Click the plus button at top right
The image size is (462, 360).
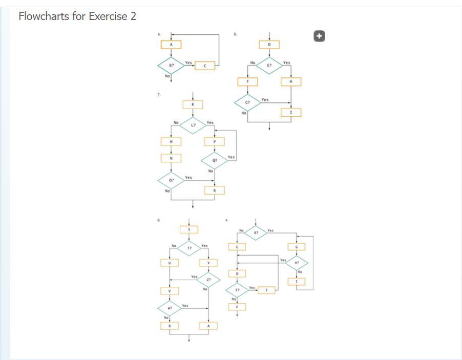pyautogui.click(x=319, y=36)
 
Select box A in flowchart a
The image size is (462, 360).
pyautogui.click(x=171, y=45)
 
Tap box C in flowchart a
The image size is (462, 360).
pyautogui.click(x=204, y=66)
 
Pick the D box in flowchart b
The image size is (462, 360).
pyautogui.click(x=269, y=45)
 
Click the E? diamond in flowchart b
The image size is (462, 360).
pyautogui.click(x=269, y=66)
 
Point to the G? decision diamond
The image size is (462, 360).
pyautogui.click(x=247, y=102)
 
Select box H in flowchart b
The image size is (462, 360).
pyautogui.click(x=291, y=82)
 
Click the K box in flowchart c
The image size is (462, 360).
pyautogui.click(x=193, y=104)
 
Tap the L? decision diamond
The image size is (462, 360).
pyautogui.click(x=193, y=125)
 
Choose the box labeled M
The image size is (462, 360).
pyautogui.click(x=171, y=141)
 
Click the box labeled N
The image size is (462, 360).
pyautogui.click(x=171, y=158)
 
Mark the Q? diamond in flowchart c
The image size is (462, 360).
pyautogui.click(x=215, y=160)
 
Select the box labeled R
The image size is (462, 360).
pyautogui.click(x=215, y=190)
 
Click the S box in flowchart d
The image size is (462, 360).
pyautogui.click(x=189, y=229)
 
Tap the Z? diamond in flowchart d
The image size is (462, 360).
pyautogui.click(x=208, y=280)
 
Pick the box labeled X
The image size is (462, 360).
pyautogui.click(x=170, y=326)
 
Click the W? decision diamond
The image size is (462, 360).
pyautogui.click(x=170, y=309)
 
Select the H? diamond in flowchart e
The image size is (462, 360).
pyautogui.click(x=297, y=263)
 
